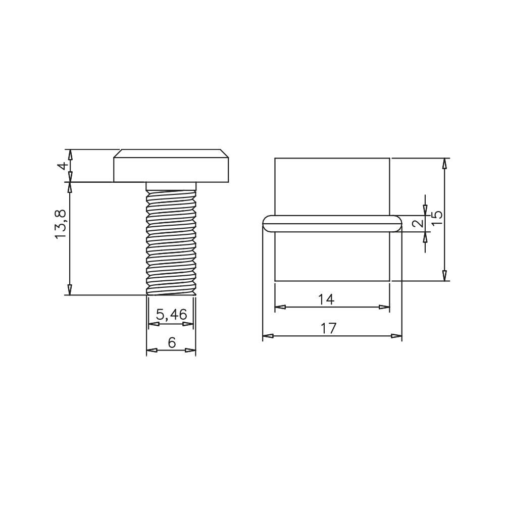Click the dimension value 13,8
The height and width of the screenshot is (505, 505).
point(61,224)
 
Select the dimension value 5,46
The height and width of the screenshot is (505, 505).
point(171,314)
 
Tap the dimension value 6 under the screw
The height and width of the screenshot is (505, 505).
point(172,343)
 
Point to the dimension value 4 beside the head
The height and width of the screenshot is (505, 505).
point(64,166)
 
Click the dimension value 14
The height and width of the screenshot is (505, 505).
point(326,299)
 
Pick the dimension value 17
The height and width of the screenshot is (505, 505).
point(329,328)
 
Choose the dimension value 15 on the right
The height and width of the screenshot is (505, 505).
point(436,219)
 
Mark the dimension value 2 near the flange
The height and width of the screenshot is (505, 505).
point(418,223)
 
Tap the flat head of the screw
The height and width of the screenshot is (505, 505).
point(171,166)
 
